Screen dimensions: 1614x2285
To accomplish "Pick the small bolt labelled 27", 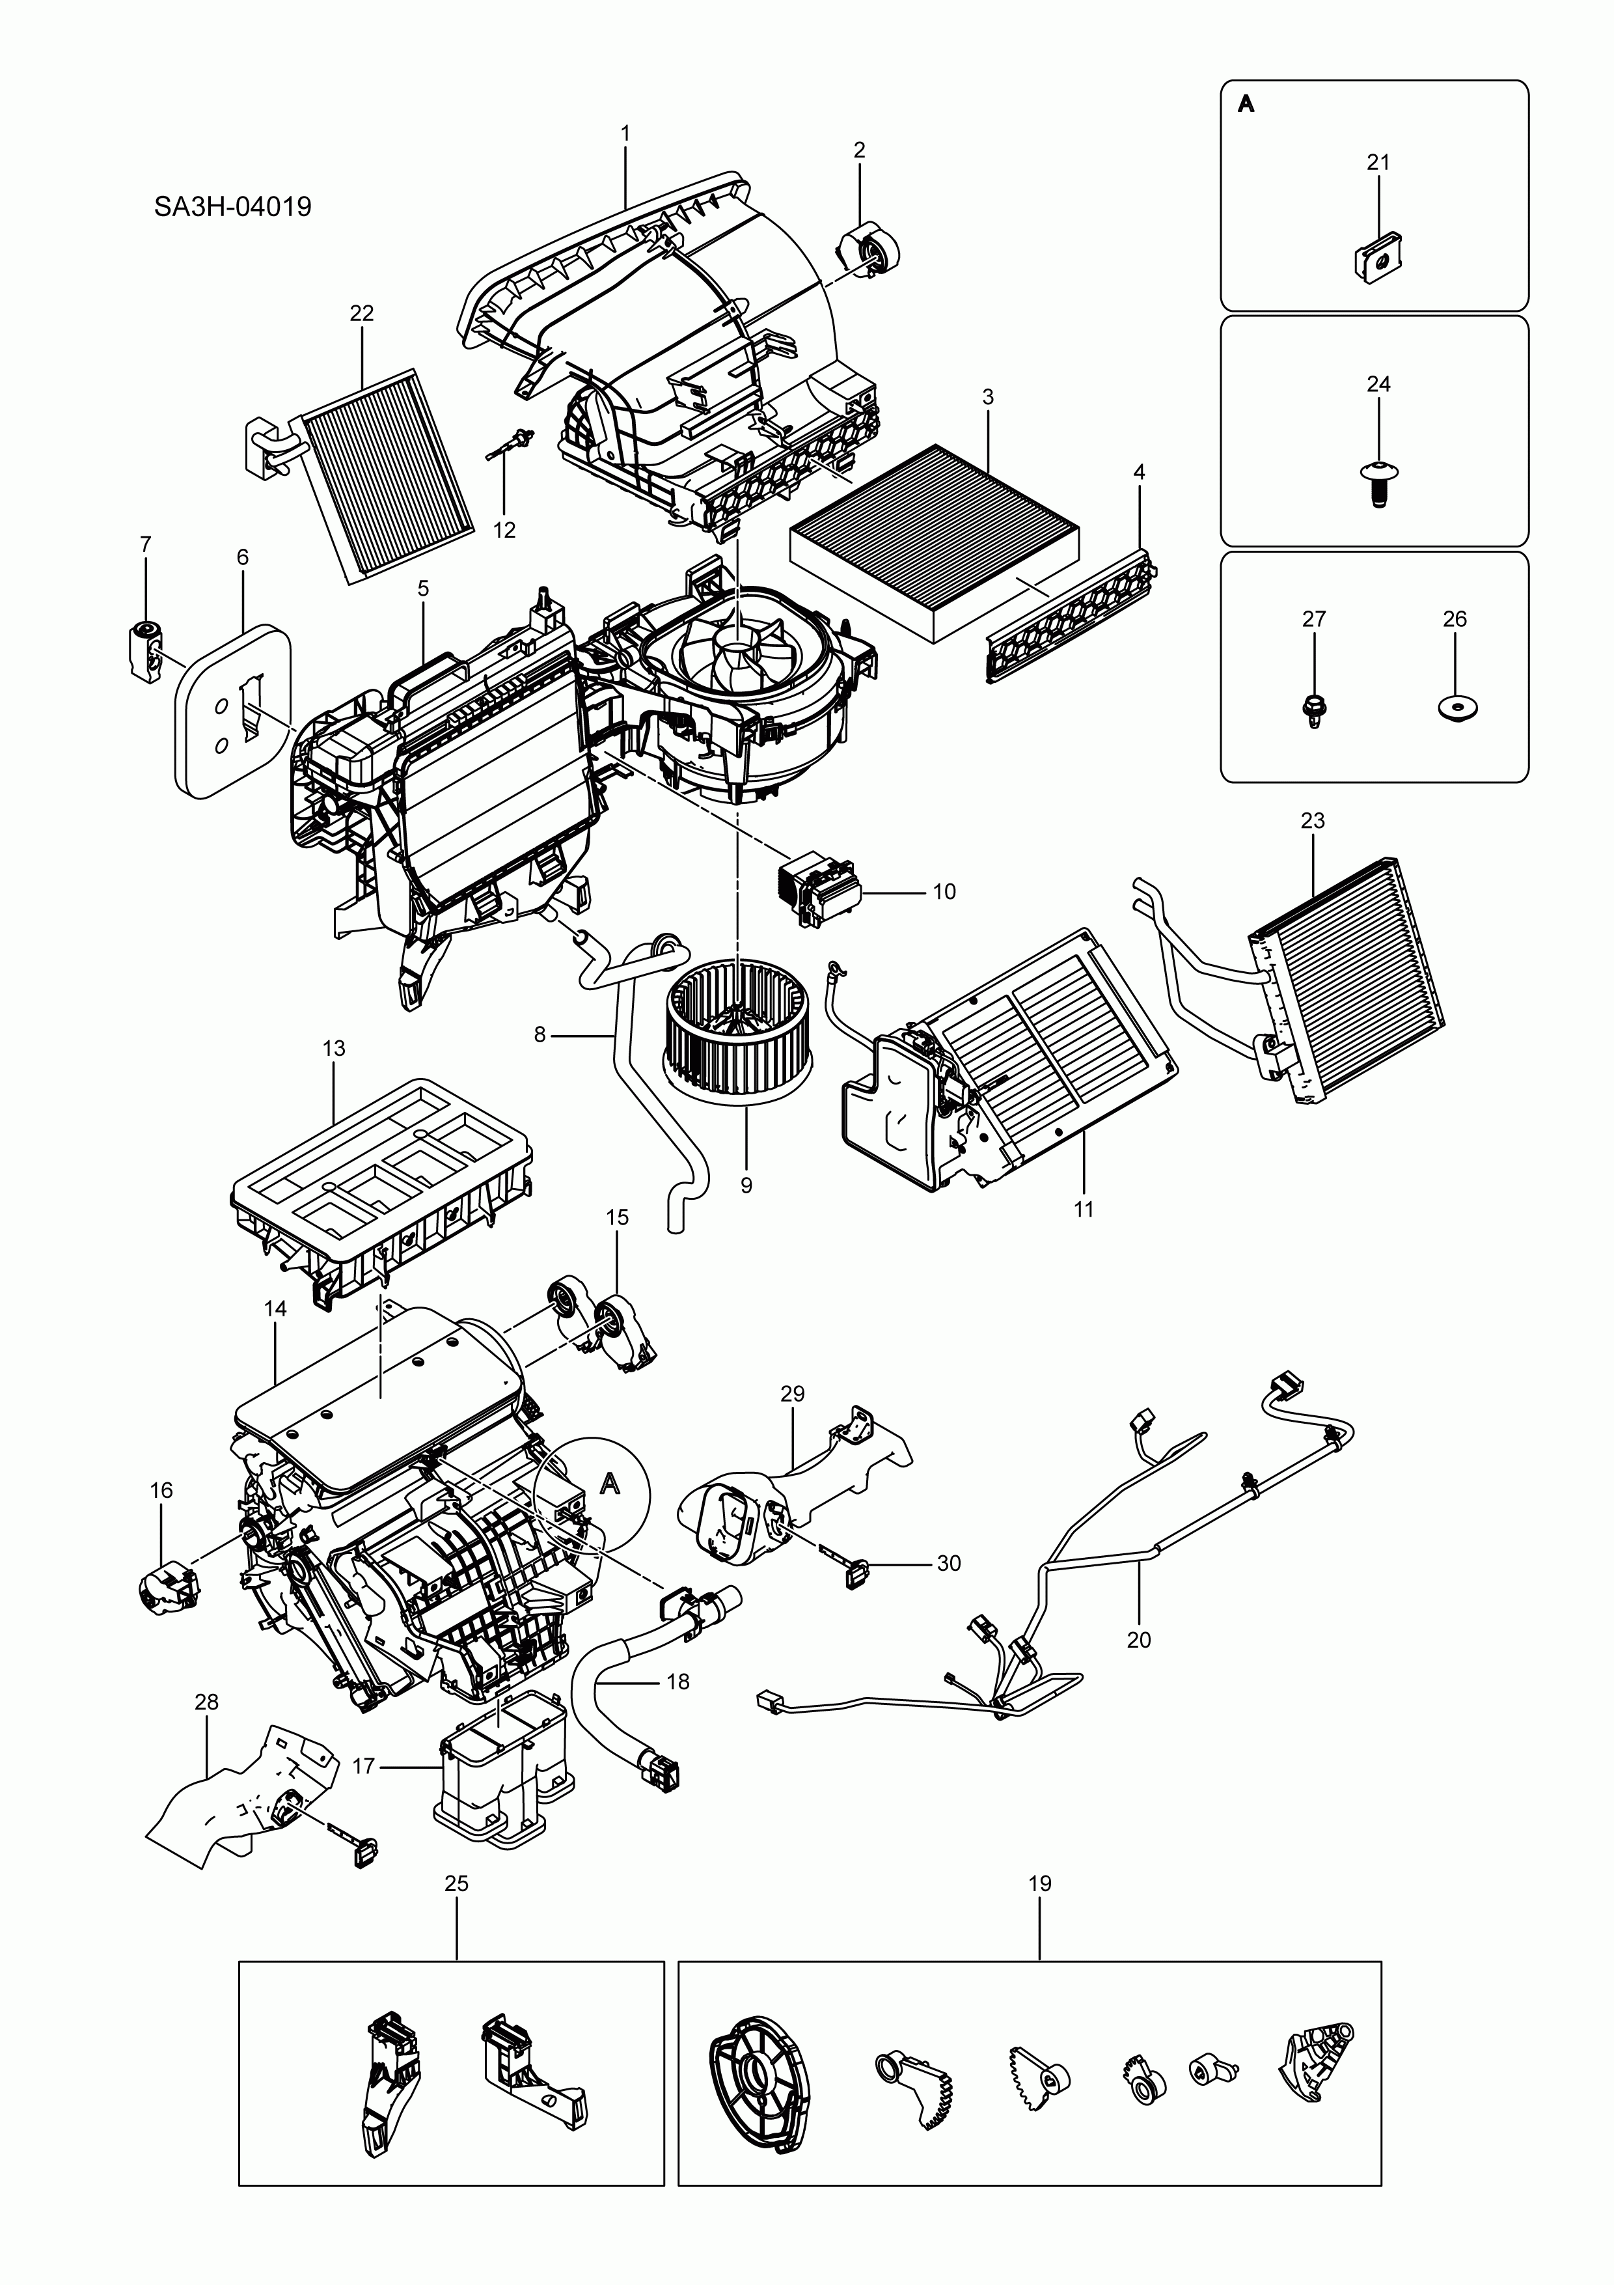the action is [x=1313, y=708].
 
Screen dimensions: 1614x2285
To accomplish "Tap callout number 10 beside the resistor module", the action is [x=943, y=892].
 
